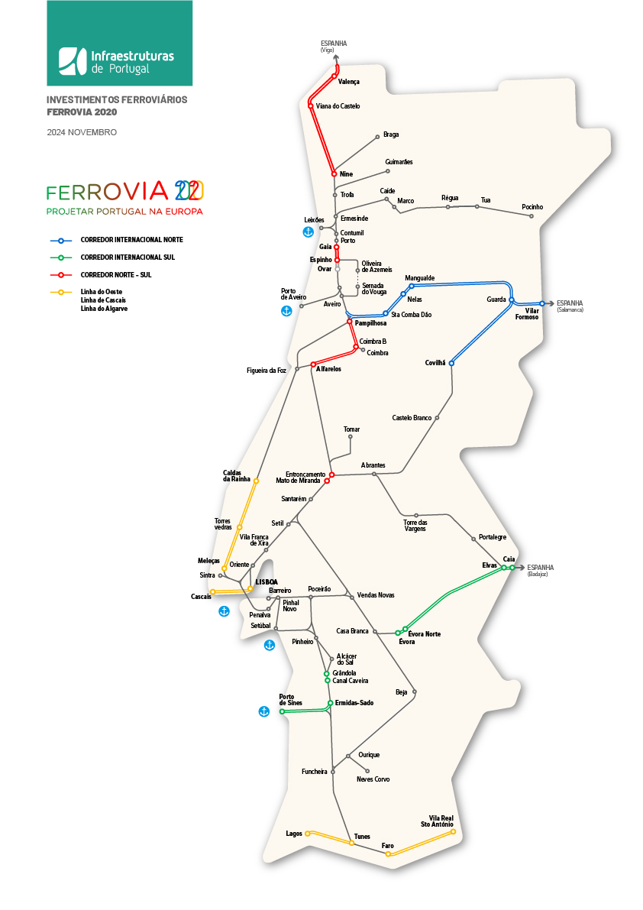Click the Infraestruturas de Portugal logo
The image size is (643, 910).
tap(119, 60)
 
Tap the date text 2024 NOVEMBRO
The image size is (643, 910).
tap(82, 132)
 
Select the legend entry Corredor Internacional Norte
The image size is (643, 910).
tap(131, 240)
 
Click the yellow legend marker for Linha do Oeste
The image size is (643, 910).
tap(61, 292)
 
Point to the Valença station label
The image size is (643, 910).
tap(348, 82)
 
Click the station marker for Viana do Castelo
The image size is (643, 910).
tap(310, 105)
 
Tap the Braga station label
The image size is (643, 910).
tap(391, 134)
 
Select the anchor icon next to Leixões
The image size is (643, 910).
tap(309, 231)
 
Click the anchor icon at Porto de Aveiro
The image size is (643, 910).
tap(286, 311)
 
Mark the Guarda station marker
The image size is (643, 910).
tap(512, 300)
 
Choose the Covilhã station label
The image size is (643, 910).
tap(435, 363)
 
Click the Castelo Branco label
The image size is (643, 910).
tap(412, 418)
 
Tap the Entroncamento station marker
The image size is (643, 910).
tap(332, 474)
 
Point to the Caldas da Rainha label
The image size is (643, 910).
tap(237, 475)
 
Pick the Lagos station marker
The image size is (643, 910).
tap(308, 834)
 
